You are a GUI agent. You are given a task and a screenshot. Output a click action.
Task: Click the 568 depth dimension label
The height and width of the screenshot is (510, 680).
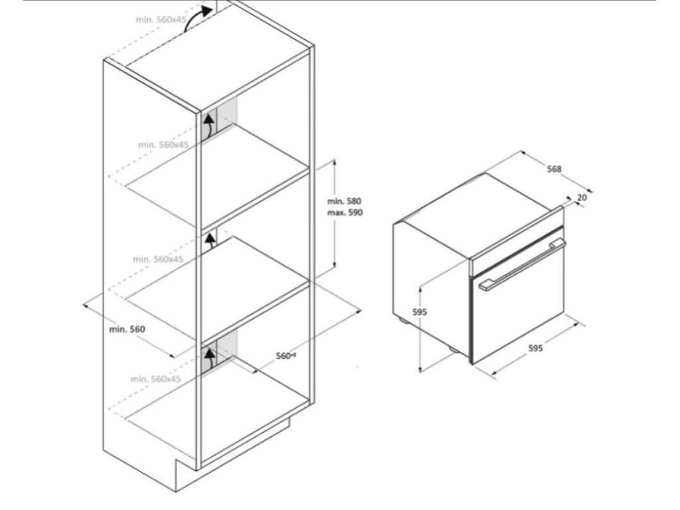(x=554, y=169)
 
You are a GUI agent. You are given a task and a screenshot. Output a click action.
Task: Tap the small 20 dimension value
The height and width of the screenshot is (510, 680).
(x=582, y=197)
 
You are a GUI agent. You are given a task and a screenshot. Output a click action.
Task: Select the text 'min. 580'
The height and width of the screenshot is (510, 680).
(x=343, y=201)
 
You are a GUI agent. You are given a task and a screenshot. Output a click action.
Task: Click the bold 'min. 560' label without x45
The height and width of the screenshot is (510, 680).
(x=128, y=329)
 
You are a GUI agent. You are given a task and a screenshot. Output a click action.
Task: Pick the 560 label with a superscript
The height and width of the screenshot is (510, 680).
(x=286, y=356)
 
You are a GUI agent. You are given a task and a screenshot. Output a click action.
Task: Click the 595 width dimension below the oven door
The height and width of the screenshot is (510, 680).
(x=536, y=348)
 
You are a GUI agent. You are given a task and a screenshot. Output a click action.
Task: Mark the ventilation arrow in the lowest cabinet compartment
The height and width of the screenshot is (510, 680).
(x=211, y=359)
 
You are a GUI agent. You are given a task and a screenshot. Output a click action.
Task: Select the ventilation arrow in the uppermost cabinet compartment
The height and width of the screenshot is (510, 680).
(x=209, y=125)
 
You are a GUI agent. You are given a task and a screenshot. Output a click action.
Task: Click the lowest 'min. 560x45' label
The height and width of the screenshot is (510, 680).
(x=156, y=379)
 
